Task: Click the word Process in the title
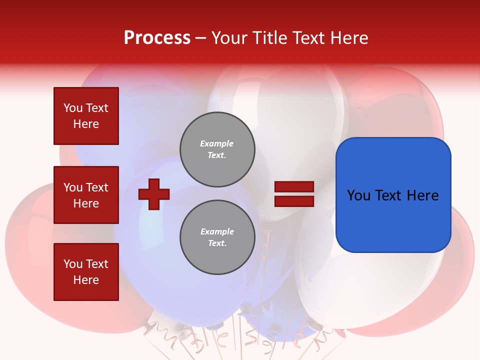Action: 157,38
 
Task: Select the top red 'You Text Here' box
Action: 86,116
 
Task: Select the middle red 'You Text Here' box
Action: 86,195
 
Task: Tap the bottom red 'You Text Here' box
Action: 86,272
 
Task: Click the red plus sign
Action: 154,194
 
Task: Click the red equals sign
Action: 294,194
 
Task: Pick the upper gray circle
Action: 217,149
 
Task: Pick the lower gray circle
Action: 217,237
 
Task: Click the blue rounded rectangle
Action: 393,195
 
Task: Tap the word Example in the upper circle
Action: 217,143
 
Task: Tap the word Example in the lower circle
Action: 217,231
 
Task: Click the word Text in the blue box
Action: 391,195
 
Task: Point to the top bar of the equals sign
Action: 294,187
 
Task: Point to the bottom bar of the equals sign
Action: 294,201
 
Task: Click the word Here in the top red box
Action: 86,124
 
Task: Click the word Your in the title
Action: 230,38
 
